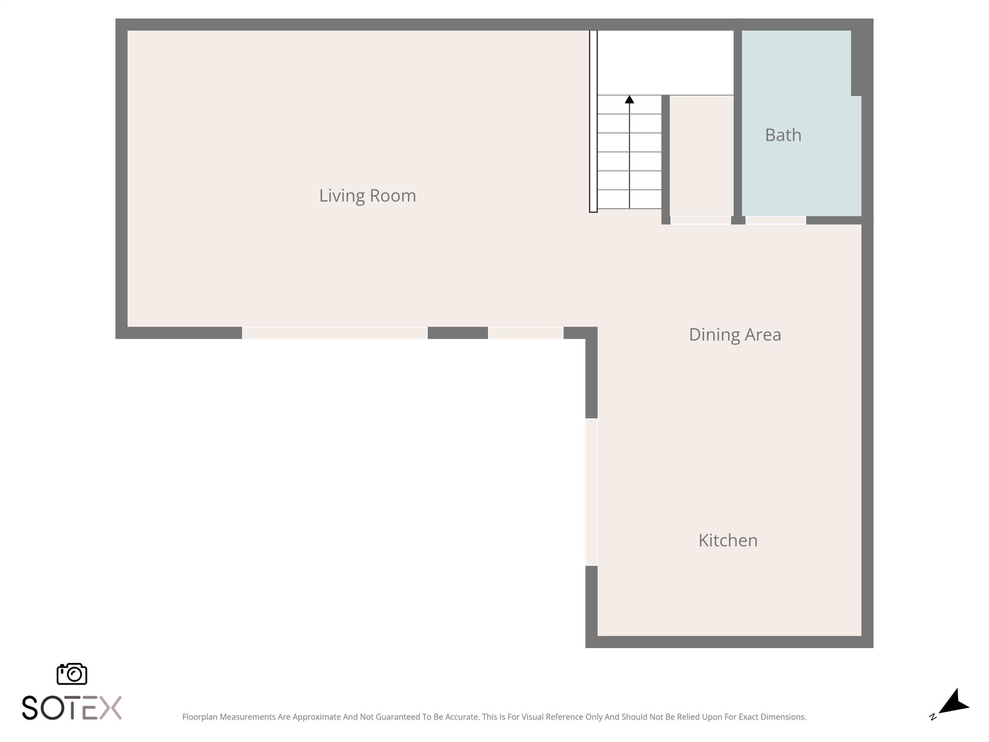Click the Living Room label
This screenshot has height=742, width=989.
click(x=367, y=196)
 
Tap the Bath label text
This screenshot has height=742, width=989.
click(x=783, y=135)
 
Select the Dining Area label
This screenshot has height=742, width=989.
click(x=735, y=334)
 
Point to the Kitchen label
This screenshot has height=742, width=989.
click(x=728, y=540)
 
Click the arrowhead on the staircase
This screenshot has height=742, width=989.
click(x=629, y=100)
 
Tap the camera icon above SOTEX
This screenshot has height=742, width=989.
click(x=72, y=673)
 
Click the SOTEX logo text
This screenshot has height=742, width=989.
click(x=72, y=708)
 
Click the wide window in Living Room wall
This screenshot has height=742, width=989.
click(x=335, y=332)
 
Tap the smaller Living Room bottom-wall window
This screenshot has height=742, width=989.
click(x=525, y=332)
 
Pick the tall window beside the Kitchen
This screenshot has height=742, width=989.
click(x=591, y=492)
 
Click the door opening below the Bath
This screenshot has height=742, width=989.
click(x=776, y=220)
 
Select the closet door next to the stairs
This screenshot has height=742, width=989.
click(x=700, y=220)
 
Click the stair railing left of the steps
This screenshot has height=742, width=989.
click(x=593, y=121)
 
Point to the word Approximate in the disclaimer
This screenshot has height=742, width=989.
click(x=316, y=717)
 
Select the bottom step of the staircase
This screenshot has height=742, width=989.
click(x=629, y=200)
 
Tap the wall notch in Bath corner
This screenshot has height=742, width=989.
click(x=856, y=63)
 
